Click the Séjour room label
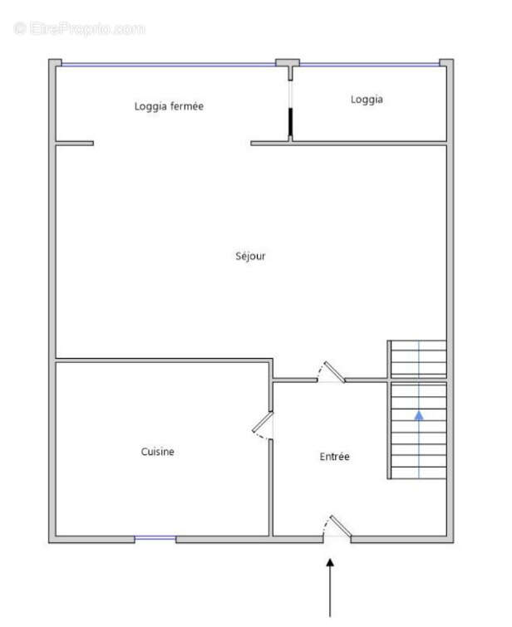(x=250, y=257)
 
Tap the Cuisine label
(x=157, y=452)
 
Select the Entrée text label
(x=335, y=457)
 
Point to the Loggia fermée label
(x=169, y=106)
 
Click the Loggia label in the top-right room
(x=367, y=99)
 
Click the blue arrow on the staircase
(x=419, y=414)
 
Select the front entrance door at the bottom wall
(x=337, y=527)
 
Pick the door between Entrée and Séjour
(x=332, y=372)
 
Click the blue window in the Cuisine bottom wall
(x=155, y=539)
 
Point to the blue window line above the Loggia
(x=369, y=64)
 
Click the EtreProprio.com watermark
(x=80, y=28)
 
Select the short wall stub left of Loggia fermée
(x=74, y=143)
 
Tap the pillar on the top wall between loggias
(x=288, y=62)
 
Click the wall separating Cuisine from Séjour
(x=163, y=360)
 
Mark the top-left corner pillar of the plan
(x=54, y=62)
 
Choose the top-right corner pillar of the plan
(x=446, y=62)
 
